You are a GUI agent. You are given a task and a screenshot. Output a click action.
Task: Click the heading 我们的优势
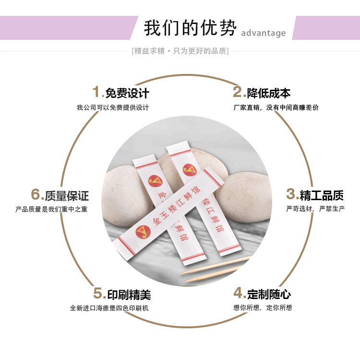click(x=190, y=28)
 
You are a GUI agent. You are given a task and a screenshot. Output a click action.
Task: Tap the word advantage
click(x=263, y=33)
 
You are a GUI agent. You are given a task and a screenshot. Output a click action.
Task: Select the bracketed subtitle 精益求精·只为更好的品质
click(x=180, y=51)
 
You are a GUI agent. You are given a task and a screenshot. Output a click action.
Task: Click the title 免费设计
click(x=127, y=93)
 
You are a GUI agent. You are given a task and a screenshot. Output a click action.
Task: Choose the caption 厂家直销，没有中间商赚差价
click(x=276, y=108)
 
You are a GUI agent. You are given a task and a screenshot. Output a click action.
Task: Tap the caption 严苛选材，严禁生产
click(x=315, y=209)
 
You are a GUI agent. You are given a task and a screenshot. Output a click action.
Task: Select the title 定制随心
click(x=269, y=294)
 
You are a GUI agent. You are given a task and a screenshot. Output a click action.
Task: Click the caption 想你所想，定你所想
click(x=263, y=308)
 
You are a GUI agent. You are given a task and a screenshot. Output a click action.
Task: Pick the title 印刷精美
click(x=129, y=294)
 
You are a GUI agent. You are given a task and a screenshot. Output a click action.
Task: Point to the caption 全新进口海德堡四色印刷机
click(x=109, y=308)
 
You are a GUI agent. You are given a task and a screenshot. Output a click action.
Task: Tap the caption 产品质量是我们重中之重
click(x=51, y=209)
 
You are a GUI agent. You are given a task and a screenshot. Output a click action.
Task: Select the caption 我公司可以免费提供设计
click(x=113, y=108)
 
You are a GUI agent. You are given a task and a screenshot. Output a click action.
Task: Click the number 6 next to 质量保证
click(x=36, y=195)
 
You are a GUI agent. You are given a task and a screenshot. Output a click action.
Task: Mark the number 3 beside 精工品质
click(x=291, y=194)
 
